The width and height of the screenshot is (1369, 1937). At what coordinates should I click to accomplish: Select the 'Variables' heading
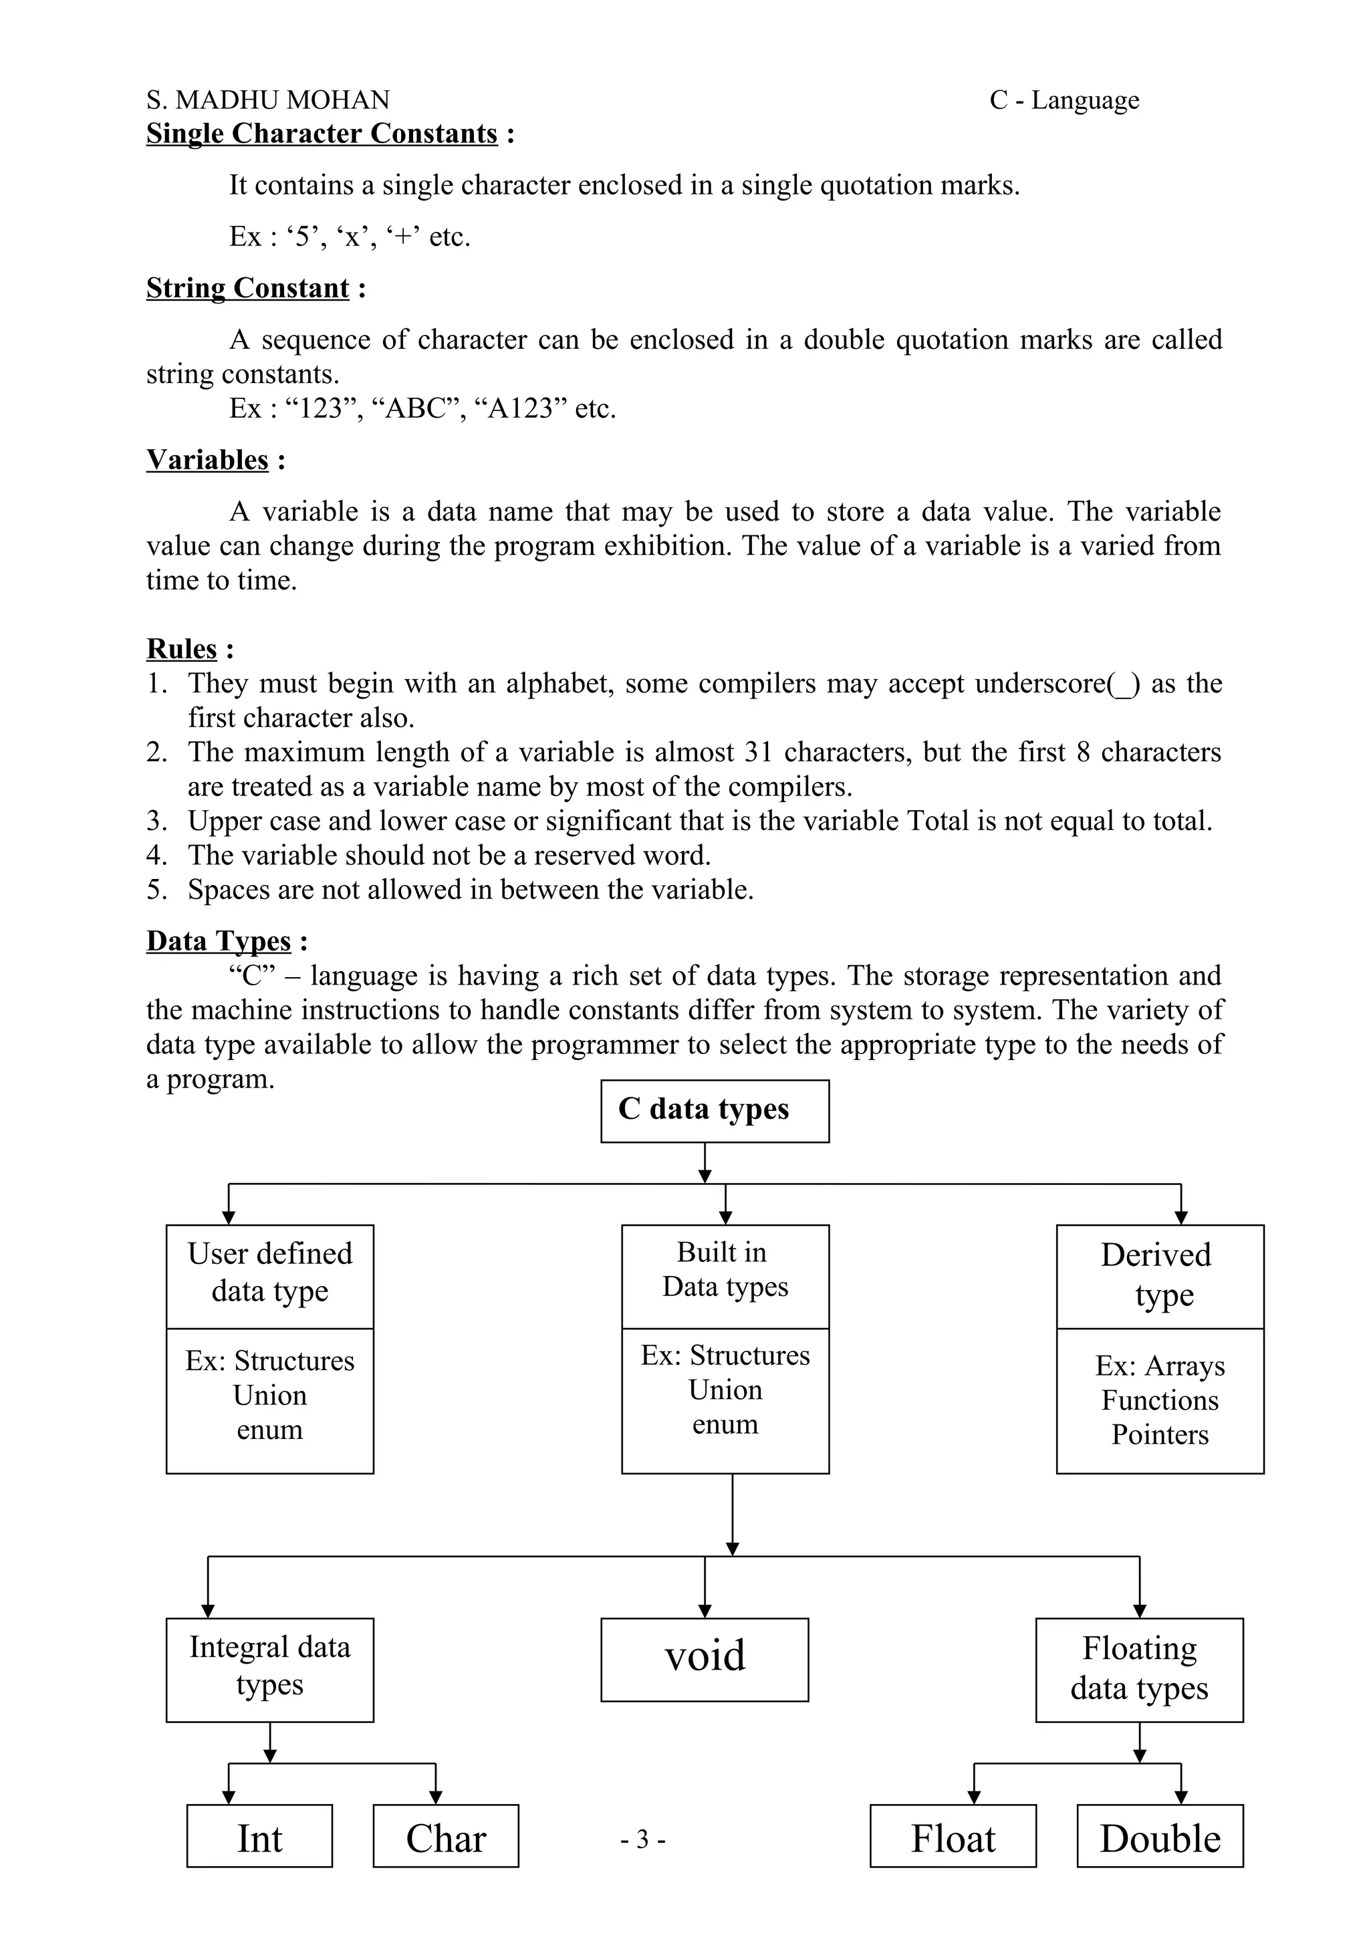pyautogui.click(x=207, y=460)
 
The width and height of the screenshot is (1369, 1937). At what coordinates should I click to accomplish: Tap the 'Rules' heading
pyautogui.click(x=181, y=649)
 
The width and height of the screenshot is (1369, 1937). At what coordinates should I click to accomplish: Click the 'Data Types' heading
pyautogui.click(x=219, y=940)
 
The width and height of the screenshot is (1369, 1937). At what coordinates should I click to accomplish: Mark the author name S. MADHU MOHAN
pyautogui.click(x=268, y=100)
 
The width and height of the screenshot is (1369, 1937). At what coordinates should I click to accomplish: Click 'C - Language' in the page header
pyautogui.click(x=1064, y=100)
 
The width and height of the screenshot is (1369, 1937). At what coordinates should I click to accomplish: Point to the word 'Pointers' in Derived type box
pyautogui.click(x=1160, y=1434)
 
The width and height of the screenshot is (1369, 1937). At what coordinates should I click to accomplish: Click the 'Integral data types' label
pyautogui.click(x=269, y=1666)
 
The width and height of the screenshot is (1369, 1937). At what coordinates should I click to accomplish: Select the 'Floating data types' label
pyautogui.click(x=1139, y=1668)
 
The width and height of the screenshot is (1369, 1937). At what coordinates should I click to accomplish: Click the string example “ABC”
pyautogui.click(x=418, y=408)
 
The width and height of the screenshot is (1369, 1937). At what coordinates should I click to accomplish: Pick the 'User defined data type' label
pyautogui.click(x=269, y=1272)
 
